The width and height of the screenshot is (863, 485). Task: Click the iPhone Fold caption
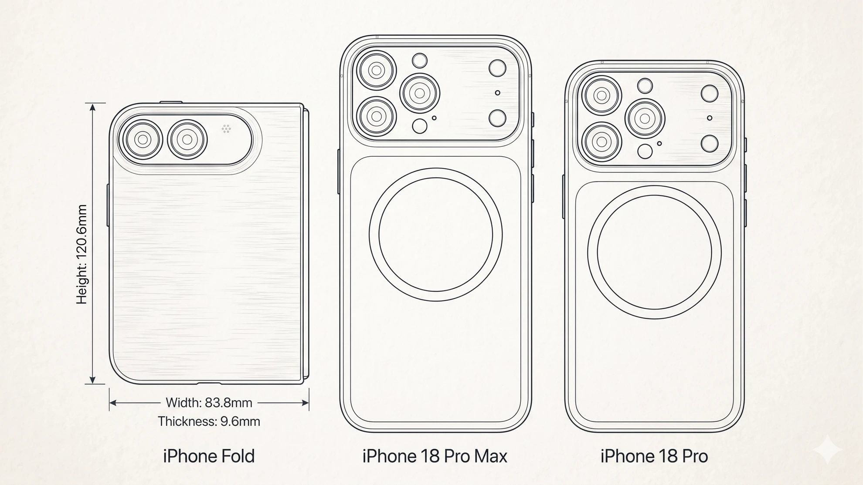click(x=209, y=456)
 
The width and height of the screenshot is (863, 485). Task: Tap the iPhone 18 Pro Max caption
click(x=435, y=456)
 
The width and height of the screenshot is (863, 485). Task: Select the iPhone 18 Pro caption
click(x=654, y=456)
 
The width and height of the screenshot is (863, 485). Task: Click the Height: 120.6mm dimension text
click(x=82, y=254)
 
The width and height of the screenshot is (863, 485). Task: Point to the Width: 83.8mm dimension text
click(x=209, y=403)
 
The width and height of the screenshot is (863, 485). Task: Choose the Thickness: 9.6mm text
click(x=209, y=421)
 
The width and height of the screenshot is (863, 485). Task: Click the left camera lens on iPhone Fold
click(x=143, y=140)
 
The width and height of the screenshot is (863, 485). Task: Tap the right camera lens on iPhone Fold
click(x=187, y=140)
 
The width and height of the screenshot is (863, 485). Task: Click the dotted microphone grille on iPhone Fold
click(x=226, y=128)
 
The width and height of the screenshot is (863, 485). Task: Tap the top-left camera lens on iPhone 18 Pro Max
click(x=377, y=70)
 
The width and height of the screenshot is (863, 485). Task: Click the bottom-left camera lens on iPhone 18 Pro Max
click(x=377, y=116)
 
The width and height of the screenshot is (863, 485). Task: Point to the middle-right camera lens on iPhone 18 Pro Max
click(x=420, y=93)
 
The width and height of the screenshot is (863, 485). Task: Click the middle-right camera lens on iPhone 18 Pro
click(x=645, y=118)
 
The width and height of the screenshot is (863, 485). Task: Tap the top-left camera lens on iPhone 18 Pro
click(x=602, y=95)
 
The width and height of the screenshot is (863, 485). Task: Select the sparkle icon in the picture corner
click(x=829, y=451)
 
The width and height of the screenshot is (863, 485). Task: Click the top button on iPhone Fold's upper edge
click(x=171, y=102)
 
